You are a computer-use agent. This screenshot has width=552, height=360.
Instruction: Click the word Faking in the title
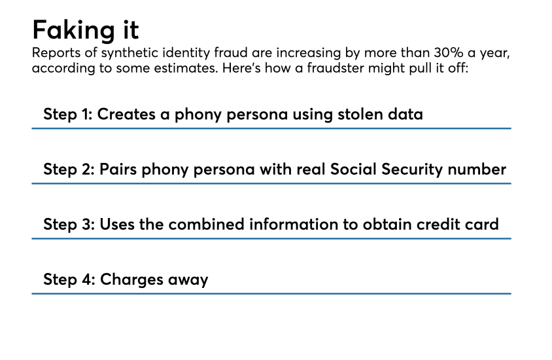click(73, 31)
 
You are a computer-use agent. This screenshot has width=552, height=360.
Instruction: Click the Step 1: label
click(67, 115)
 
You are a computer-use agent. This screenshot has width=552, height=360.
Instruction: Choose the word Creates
click(126, 114)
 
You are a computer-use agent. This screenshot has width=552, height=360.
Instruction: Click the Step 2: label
click(69, 170)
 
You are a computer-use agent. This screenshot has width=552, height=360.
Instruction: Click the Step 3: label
click(69, 225)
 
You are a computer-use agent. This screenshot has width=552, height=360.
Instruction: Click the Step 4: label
click(69, 279)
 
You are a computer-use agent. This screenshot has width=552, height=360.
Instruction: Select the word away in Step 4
click(188, 281)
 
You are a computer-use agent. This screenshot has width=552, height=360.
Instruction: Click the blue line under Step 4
click(271, 293)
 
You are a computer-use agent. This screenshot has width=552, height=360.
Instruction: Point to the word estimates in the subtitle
click(184, 68)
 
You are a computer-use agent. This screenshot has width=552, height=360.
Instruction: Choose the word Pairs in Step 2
click(118, 169)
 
